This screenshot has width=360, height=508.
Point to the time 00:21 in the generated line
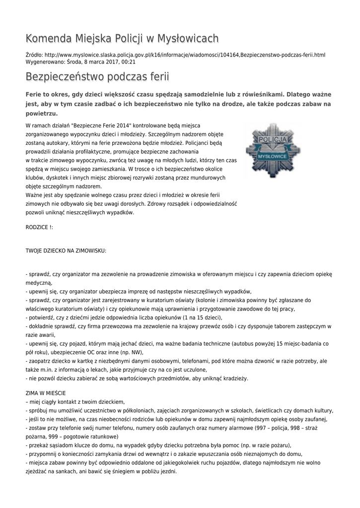[129, 62]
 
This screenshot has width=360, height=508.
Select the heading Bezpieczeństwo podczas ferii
[97, 77]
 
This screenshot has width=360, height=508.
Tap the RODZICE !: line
[39, 227]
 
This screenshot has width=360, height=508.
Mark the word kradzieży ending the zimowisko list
[234, 379]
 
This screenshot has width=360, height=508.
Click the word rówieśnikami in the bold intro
[263, 94]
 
